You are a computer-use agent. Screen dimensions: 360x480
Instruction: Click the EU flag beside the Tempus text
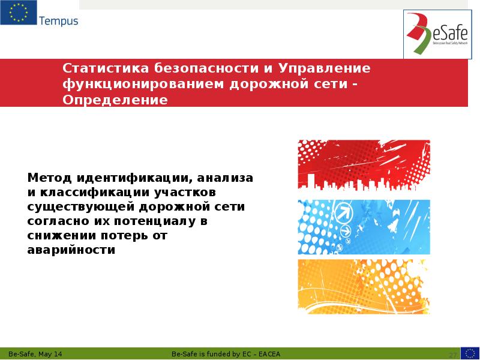pyautogui.click(x=18, y=13)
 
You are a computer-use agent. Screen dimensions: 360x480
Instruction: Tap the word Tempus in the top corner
pyautogui.click(x=58, y=22)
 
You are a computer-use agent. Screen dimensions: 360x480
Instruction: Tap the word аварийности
pyautogui.click(x=71, y=250)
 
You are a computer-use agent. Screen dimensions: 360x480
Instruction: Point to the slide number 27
pyautogui.click(x=453, y=354)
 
